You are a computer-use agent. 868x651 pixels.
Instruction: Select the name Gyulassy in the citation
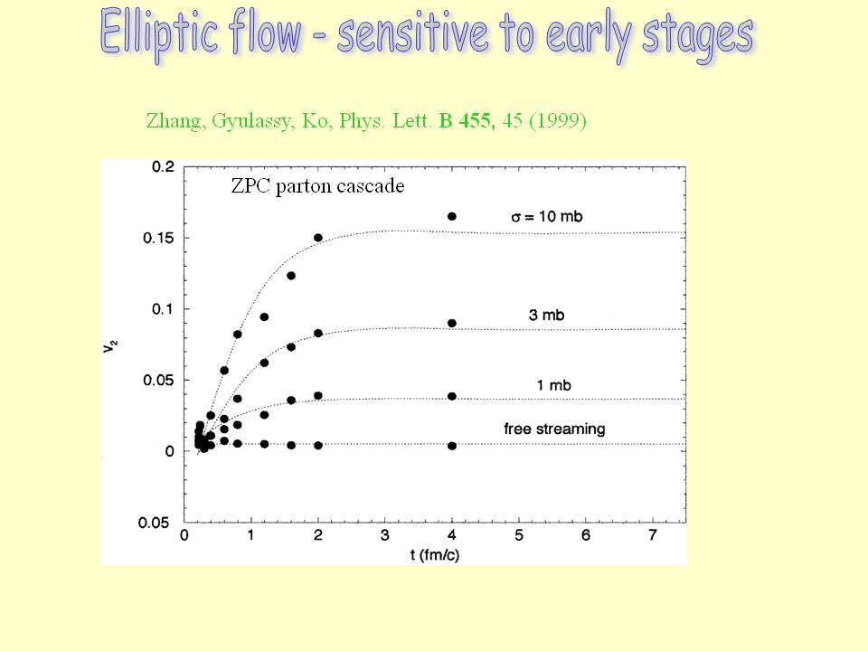(252, 121)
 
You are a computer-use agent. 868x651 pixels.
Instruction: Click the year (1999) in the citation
(558, 120)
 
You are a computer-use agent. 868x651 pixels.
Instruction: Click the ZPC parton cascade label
(317, 185)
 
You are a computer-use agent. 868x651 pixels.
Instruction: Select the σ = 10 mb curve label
(546, 216)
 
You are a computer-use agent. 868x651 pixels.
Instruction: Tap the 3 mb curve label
(546, 315)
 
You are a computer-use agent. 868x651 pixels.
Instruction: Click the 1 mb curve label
(553, 385)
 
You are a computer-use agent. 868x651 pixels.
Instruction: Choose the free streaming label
(554, 429)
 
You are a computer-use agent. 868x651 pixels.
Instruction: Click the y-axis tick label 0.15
(158, 238)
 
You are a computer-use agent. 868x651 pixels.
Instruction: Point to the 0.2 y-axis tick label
(163, 166)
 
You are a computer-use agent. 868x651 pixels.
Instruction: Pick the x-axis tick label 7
(653, 535)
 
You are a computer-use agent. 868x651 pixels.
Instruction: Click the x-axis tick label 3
(385, 535)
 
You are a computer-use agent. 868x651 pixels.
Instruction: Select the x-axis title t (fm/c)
(435, 554)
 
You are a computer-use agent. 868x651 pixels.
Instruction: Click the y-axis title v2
(109, 346)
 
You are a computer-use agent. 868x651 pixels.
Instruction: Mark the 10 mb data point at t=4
(452, 216)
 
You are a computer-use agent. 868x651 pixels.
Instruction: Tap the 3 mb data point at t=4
(452, 324)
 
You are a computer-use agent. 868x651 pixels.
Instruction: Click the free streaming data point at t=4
(452, 446)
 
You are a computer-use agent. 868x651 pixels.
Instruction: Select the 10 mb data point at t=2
(317, 238)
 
